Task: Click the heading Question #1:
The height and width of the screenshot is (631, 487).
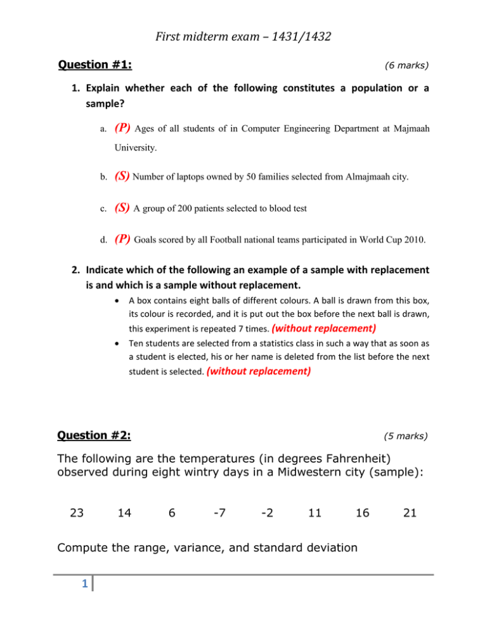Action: click(x=99, y=64)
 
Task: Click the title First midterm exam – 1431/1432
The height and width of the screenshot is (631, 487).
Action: click(x=243, y=25)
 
